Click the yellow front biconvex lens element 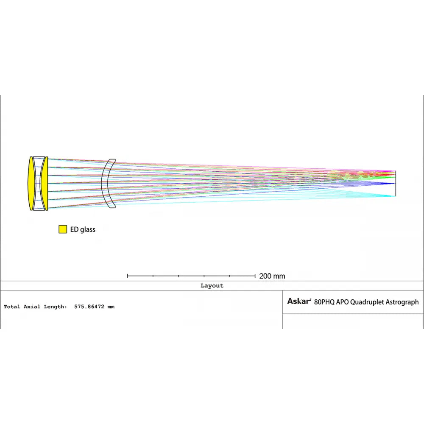(32, 183)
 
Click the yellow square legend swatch (63, 229)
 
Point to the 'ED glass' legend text (83, 229)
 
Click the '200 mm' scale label (272, 276)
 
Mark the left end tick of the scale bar (127, 276)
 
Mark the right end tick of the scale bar (255, 276)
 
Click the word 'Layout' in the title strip (212, 285)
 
